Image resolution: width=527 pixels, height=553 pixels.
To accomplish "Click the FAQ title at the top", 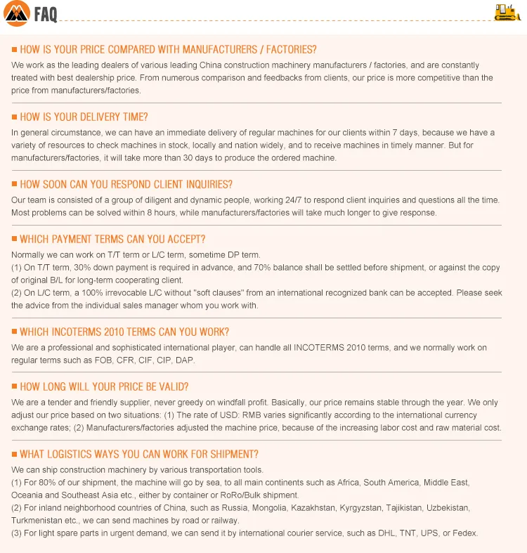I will pos(46,15).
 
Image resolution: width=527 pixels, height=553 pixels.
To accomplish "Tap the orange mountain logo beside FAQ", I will pos(17,14).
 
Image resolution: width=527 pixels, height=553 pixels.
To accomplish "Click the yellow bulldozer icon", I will pos(506,12).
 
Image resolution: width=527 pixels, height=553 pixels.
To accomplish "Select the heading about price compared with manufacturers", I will pos(168,49).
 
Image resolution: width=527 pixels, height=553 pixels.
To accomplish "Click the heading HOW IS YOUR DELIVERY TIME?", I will pos(84,117).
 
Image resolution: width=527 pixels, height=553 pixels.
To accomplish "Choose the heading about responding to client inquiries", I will pos(126,184).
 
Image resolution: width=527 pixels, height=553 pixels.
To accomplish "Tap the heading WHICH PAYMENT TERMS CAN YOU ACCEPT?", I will pos(112,239).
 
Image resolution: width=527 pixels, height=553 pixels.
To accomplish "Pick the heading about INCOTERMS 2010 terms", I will pos(124,332).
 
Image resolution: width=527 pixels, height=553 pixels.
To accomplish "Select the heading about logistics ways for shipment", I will pos(139,454).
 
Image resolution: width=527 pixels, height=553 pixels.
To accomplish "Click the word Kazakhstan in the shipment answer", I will pos(314,507).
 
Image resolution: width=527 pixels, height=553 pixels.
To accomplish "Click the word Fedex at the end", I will pos(464,533).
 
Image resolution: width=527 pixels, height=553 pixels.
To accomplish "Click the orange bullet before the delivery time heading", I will pos(14,117).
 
